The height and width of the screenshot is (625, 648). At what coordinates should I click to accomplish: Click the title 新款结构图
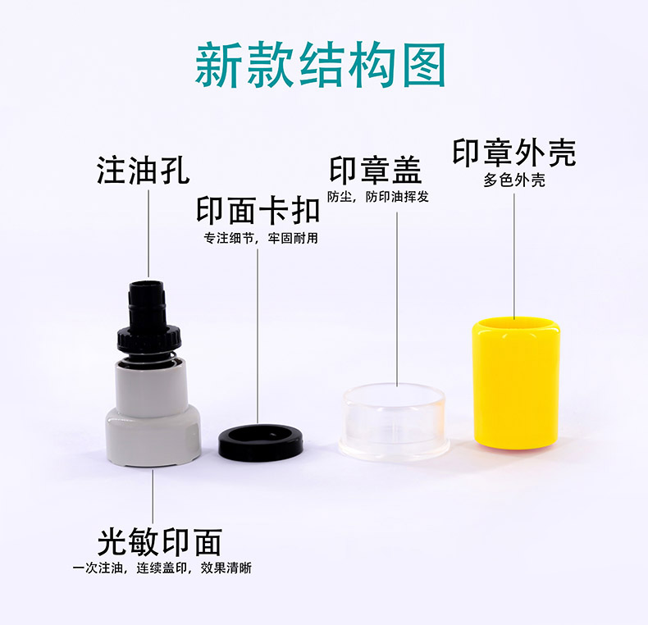320,66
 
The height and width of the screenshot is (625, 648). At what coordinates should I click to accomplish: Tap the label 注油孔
143,170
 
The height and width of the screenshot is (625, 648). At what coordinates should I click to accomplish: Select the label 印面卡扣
258,211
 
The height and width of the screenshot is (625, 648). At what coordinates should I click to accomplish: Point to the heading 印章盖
375,170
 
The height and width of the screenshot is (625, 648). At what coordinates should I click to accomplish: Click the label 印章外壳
514,153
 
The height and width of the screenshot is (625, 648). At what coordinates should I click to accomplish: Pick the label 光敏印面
159,542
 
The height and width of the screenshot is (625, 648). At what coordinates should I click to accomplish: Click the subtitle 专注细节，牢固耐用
261,238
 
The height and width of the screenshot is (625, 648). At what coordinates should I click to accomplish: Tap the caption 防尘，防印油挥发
378,197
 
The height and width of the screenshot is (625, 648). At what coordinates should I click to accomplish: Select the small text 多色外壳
514,180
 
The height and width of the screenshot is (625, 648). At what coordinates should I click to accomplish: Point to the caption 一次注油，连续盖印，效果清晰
162,568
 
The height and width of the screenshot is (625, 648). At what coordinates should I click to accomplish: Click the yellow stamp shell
516,384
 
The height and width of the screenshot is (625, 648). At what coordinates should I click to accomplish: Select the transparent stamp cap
394,421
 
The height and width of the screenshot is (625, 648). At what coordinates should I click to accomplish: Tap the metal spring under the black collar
149,357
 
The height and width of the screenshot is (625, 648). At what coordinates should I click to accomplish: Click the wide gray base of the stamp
153,437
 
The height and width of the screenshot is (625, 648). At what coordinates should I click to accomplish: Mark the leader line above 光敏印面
153,496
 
